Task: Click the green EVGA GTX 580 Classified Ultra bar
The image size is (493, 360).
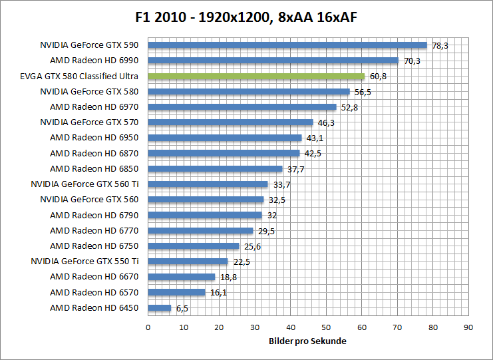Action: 256,76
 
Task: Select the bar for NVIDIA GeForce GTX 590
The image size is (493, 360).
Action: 287,45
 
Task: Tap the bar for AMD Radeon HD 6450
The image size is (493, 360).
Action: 160,308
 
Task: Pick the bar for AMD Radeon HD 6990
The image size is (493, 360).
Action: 273,61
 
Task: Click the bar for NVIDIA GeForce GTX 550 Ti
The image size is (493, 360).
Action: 188,262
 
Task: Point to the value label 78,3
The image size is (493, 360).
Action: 440,45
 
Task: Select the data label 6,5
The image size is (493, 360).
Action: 181,308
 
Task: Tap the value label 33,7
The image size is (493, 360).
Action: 281,184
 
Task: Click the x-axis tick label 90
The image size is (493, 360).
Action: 468,327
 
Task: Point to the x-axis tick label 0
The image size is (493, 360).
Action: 148,327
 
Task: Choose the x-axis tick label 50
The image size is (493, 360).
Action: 326,327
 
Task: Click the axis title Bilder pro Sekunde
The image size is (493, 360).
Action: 308,341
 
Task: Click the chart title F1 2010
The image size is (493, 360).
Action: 246,15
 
